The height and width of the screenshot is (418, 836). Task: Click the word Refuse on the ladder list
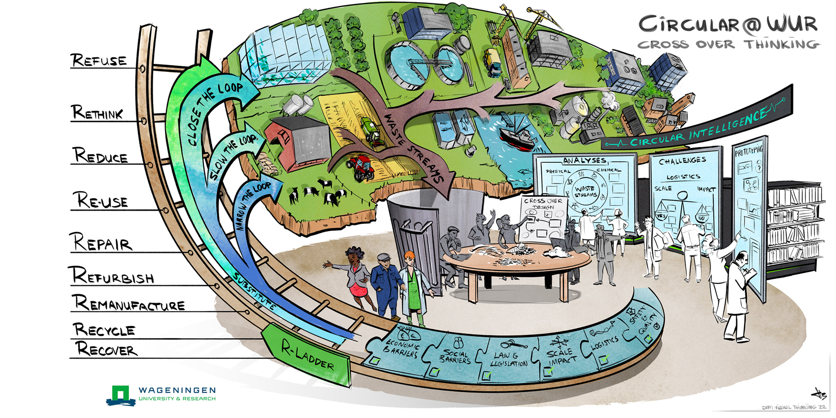pos(99,60)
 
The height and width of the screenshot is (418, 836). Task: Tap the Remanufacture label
pos(129,303)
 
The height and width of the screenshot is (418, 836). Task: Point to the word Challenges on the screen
pos(682,161)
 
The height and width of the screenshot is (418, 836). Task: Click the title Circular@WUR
pos(727,25)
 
